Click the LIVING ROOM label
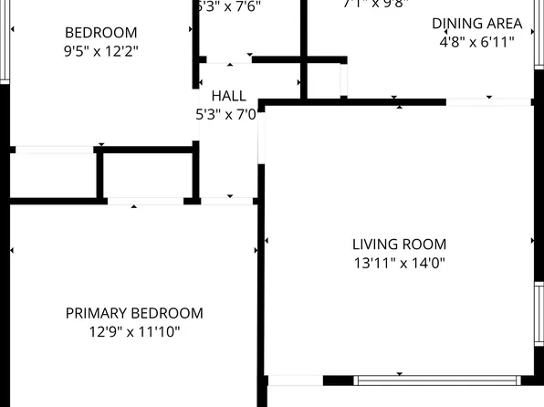399,244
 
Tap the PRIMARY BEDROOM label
134,313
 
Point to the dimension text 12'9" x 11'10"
134,332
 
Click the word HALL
228,96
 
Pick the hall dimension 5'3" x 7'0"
226,115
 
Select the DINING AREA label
476,23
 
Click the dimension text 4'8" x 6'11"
476,41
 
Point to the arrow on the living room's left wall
267,241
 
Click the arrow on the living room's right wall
532,241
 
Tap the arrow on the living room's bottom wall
399,373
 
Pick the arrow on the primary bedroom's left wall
12,250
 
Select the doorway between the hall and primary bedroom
228,200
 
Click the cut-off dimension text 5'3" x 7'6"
228,5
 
